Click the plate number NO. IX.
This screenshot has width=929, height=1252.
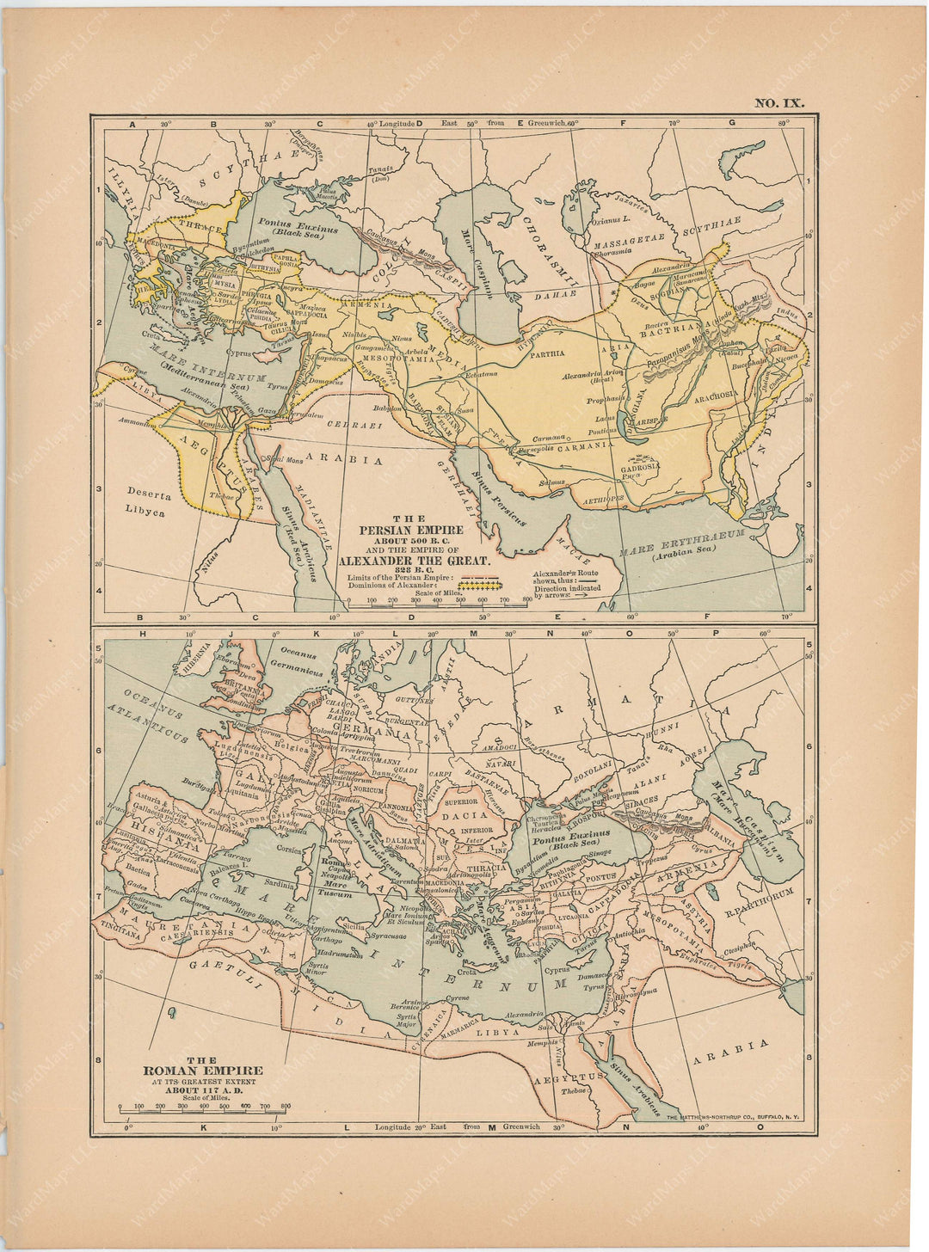point(779,103)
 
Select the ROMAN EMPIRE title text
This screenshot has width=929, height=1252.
point(203,1071)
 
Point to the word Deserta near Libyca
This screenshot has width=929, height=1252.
point(149,495)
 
